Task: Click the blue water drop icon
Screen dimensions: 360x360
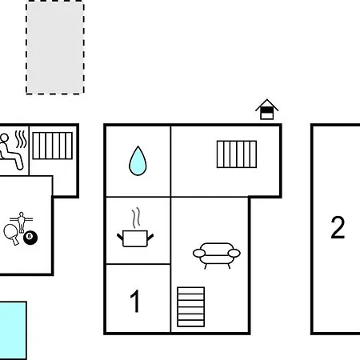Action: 138,162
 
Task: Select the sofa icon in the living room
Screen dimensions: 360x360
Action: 217,254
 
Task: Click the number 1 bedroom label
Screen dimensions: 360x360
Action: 135,301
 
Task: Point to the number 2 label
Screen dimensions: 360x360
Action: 338,227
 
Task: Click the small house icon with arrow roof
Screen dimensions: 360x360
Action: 267,110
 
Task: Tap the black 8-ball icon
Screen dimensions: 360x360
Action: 30,238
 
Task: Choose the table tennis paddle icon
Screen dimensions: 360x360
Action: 11,234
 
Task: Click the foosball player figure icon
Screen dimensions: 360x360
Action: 22,222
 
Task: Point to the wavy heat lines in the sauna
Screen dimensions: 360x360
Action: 21,139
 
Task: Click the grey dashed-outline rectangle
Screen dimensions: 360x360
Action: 55,47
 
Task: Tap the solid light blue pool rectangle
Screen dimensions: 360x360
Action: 13,330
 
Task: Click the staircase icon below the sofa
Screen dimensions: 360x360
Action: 191,307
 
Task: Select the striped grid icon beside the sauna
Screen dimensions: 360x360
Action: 53,146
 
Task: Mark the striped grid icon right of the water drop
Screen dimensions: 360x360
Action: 237,154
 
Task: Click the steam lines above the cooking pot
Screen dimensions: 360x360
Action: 136,218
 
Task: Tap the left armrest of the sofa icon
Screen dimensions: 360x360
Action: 199,253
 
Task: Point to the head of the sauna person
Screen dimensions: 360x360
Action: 4,138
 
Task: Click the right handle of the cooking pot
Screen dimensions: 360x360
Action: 150,237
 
